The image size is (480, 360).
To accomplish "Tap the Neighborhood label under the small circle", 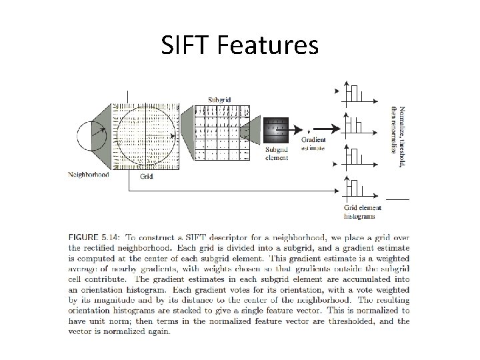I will [x=89, y=175].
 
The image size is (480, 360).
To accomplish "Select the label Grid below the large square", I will [x=146, y=177].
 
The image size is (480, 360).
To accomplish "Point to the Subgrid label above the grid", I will [x=219, y=99].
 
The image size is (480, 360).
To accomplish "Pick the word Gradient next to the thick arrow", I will [x=314, y=139].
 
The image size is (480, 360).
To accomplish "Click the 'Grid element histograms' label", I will [x=360, y=212].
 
